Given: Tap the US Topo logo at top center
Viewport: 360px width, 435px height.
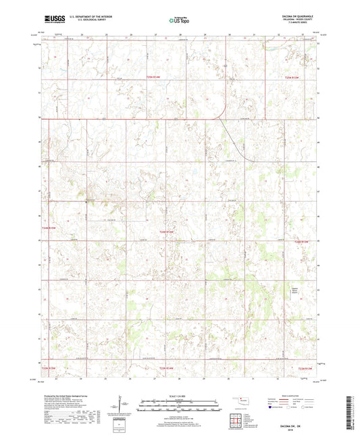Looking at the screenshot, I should coord(179,20).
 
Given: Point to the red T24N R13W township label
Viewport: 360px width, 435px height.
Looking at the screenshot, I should coord(305,241).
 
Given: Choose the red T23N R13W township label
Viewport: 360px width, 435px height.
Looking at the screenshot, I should coord(306,368).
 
